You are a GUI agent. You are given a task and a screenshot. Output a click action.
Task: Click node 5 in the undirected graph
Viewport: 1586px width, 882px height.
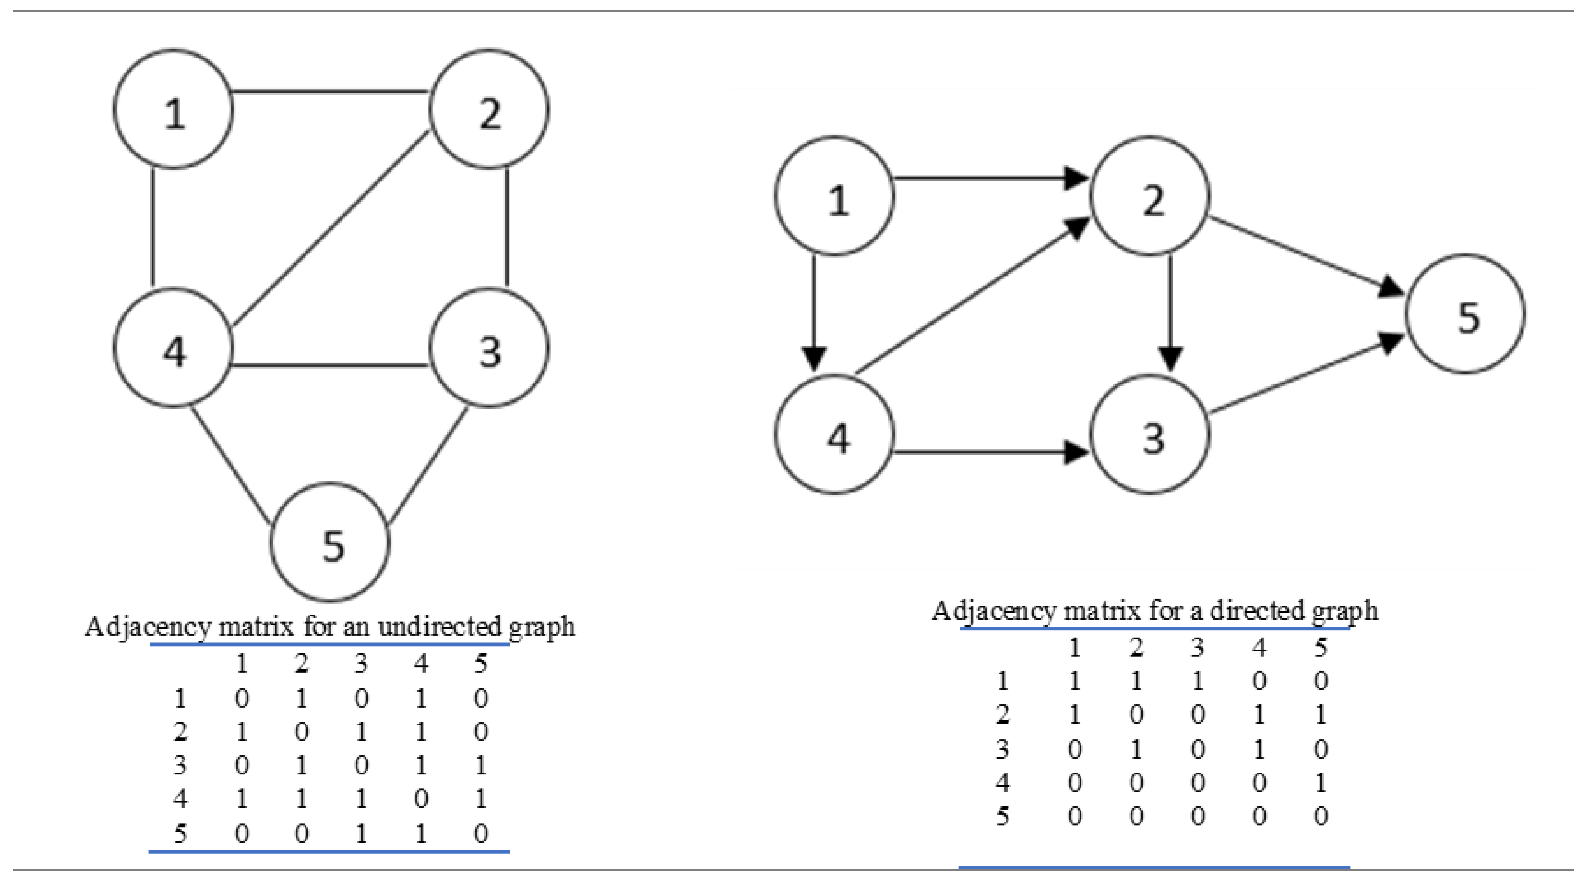point(330,542)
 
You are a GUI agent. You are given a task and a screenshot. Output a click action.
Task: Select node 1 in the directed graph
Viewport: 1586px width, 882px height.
point(835,196)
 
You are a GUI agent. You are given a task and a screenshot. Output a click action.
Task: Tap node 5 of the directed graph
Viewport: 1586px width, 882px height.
point(1465,314)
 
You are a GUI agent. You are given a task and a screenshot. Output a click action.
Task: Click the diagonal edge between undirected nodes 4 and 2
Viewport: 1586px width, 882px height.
point(331,229)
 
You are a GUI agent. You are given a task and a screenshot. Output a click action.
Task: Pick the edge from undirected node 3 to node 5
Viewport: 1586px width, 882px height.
point(428,466)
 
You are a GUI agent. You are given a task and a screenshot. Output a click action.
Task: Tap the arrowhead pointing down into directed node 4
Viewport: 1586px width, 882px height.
point(814,358)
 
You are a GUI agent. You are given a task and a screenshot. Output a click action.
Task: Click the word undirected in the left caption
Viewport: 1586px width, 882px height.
point(440,627)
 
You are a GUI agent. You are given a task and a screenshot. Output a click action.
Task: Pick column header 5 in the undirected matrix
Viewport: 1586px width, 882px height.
point(481,663)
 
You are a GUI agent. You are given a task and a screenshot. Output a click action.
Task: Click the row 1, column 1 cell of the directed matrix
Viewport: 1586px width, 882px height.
point(1074,681)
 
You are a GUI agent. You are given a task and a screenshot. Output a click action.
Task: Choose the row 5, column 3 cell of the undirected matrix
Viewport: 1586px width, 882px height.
point(361,833)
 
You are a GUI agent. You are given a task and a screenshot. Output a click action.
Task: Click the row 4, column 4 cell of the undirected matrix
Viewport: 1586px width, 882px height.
point(420,799)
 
